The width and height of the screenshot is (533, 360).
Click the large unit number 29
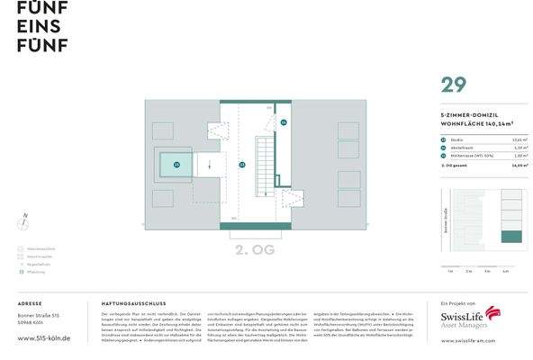(453, 85)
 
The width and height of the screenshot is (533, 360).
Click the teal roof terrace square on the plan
(176, 165)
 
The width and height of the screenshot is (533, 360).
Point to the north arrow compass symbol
(23, 220)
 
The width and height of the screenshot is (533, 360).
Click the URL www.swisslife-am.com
(477, 341)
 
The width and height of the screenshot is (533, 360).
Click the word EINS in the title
(37, 25)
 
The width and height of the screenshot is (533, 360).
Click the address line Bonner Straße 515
(38, 316)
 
